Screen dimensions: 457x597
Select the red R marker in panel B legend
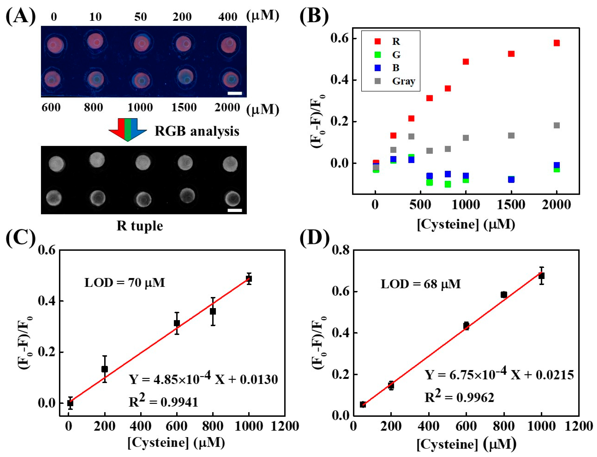tap(378, 41)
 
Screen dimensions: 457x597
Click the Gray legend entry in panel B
tap(403, 81)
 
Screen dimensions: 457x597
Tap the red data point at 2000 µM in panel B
tap(557, 43)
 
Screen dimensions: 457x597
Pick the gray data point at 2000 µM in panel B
tap(557, 125)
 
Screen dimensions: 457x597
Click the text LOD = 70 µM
tap(125, 283)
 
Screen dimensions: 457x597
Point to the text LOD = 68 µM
tap(420, 284)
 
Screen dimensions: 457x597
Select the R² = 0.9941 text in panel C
tap(163, 401)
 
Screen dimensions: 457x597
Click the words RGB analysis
tap(197, 131)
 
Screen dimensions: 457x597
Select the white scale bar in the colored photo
tap(235, 93)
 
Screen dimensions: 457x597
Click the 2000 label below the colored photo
tap(227, 107)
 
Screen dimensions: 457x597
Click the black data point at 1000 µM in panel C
tap(249, 279)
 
